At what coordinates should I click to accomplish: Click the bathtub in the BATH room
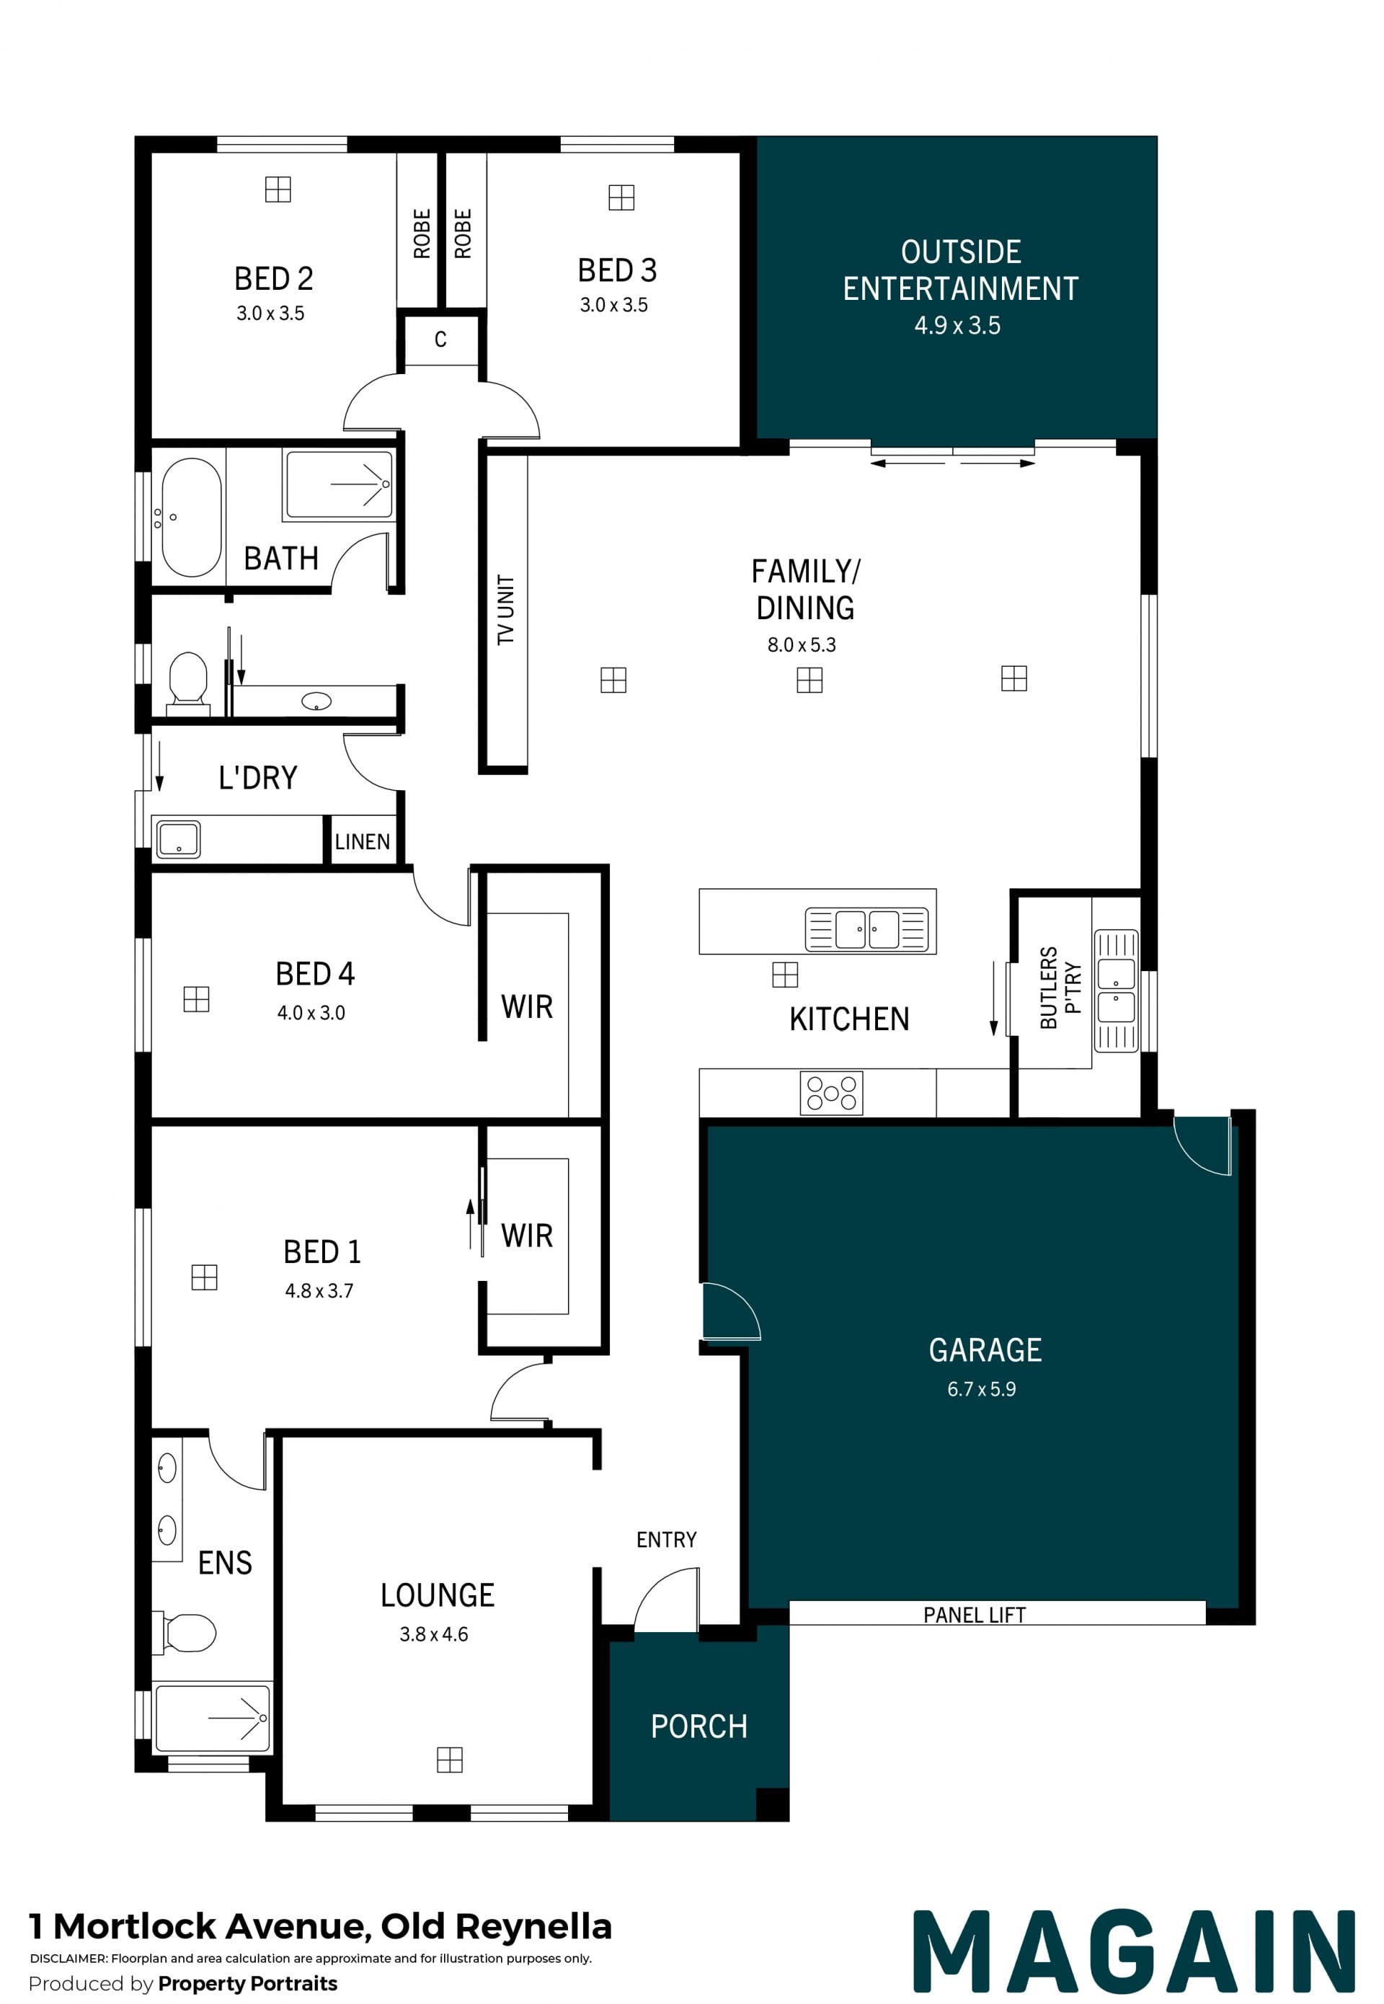pyautogui.click(x=192, y=517)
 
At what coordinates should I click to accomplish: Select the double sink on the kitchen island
pyautogui.click(x=866, y=930)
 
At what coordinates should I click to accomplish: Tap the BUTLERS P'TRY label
pyautogui.click(x=1060, y=988)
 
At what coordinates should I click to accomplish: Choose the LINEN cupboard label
pyautogui.click(x=363, y=841)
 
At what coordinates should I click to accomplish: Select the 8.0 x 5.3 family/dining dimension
pyautogui.click(x=802, y=644)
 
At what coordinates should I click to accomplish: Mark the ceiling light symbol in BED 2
pyautogui.click(x=278, y=189)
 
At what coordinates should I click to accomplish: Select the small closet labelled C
pyautogui.click(x=440, y=339)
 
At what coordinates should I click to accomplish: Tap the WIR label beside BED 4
pyautogui.click(x=526, y=1007)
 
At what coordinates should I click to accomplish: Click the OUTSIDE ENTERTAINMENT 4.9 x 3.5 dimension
pyautogui.click(x=957, y=325)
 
